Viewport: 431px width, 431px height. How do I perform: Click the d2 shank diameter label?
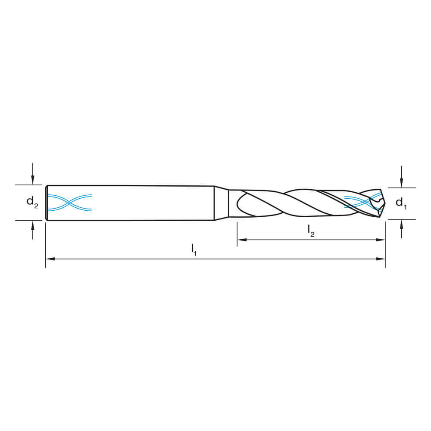(32, 202)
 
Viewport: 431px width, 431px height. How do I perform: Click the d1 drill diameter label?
(401, 203)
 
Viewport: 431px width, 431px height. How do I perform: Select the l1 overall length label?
(194, 250)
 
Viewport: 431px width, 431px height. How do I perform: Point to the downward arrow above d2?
(33, 174)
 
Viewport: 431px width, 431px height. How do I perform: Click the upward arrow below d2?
(33, 230)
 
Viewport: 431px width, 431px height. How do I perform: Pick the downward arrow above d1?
(402, 177)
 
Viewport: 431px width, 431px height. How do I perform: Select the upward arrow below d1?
(402, 229)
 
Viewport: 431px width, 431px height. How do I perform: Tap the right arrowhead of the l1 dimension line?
(381, 259)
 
